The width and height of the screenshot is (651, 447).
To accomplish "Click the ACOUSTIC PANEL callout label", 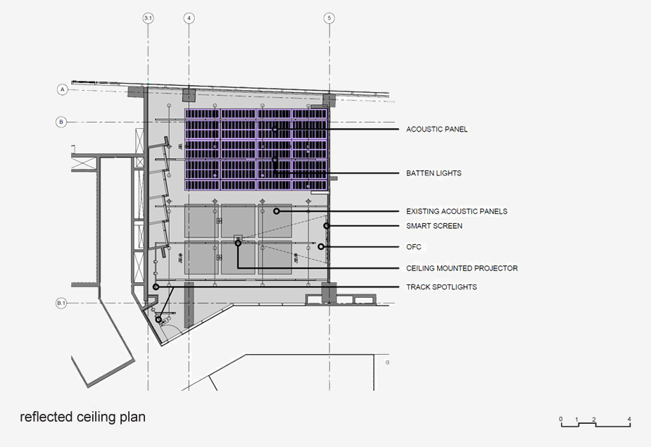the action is pos(437,130).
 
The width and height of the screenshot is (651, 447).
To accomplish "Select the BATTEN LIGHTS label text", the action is pos(434,173).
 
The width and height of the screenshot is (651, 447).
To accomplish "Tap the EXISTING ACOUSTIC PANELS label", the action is pos(457,211).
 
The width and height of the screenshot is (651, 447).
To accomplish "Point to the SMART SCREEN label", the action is pos(434,226).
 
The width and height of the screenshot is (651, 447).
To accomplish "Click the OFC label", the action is pos(414,247).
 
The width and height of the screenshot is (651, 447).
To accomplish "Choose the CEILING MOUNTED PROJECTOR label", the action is pos(462,268).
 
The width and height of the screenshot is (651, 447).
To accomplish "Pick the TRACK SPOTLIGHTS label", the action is pos(441,287).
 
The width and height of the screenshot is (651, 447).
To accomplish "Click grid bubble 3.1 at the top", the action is pos(148,18).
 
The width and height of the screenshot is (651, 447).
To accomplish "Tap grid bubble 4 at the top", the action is pos(189,18).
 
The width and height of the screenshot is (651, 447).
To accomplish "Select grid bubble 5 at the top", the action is pos(329,18).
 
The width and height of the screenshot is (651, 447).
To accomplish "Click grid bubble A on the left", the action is pos(62,89).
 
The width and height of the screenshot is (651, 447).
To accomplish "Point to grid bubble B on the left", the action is pos(61,122).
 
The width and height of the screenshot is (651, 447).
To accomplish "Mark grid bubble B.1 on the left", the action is pos(61,303).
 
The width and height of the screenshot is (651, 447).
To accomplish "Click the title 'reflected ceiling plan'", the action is pos(82,417).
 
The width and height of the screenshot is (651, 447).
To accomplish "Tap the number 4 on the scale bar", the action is pos(629,419).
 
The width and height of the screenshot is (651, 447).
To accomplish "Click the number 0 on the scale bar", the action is pos(561,419).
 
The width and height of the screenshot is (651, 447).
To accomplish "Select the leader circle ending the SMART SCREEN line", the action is pos(327,225).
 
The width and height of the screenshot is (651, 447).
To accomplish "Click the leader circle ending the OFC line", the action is pos(320,247).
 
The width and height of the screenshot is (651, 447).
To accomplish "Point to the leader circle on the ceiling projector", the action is pos(238,244).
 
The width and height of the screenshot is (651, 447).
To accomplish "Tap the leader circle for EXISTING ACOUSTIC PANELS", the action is pos(277,211).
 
